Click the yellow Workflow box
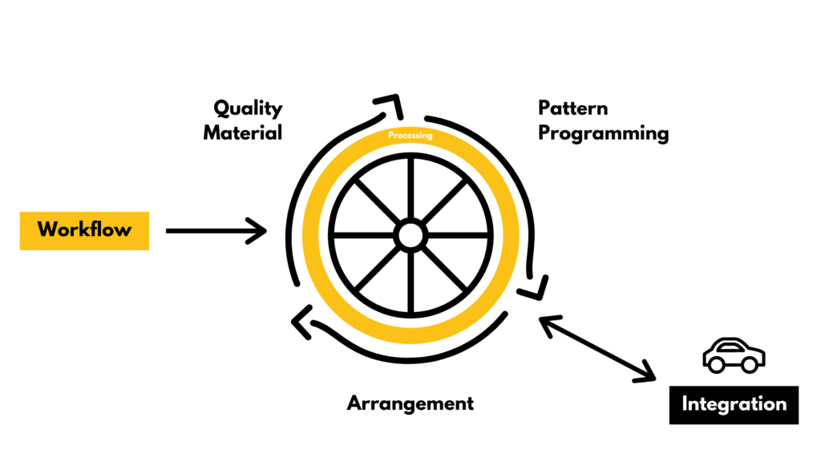(84, 230)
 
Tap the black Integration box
(734, 403)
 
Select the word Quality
(248, 108)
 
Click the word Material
(242, 132)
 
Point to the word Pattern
(572, 107)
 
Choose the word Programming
(603, 132)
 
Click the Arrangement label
(410, 403)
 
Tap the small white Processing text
(410, 136)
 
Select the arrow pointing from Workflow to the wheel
(215, 231)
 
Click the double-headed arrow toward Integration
(597, 347)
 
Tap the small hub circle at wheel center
(410, 235)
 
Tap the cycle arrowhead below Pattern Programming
(535, 286)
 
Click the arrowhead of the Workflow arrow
(258, 231)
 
